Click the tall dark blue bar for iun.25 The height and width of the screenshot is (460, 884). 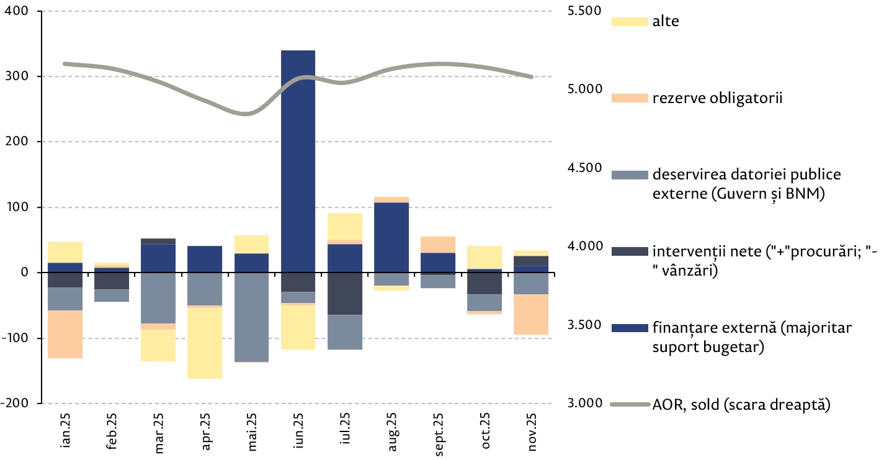(x=298, y=155)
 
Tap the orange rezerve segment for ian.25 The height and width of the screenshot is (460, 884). (x=65, y=334)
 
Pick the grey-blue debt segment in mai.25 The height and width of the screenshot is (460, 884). (x=251, y=317)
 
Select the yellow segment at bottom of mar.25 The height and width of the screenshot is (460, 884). (x=158, y=345)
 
